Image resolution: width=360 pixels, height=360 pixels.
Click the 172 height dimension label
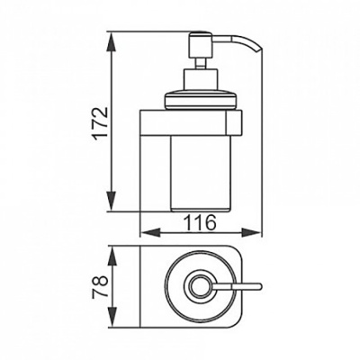tap(100, 122)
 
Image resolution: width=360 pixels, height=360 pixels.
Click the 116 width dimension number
tap(200, 222)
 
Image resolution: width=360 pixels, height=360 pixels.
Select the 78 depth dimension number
tap(100, 287)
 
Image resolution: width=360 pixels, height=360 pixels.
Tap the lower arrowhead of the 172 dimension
tap(112, 201)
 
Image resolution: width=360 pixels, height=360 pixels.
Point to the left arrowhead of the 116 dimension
tap(150, 232)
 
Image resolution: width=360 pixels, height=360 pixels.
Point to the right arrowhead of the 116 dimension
tap(251, 232)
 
